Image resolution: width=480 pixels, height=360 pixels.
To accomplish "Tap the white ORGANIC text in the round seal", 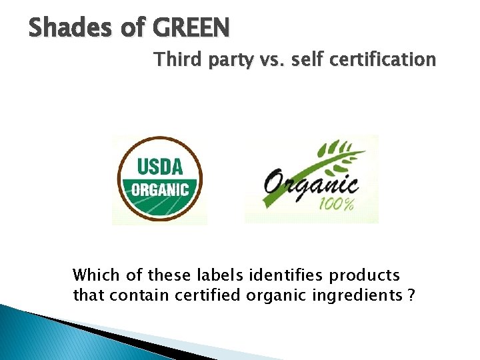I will point(159,189).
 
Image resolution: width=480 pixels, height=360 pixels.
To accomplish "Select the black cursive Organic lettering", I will point(311,181).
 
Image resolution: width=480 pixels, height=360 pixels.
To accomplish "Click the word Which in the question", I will point(93,275).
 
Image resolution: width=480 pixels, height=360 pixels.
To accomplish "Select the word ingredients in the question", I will point(357,295).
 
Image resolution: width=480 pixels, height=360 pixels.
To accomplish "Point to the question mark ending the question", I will point(410,295).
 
